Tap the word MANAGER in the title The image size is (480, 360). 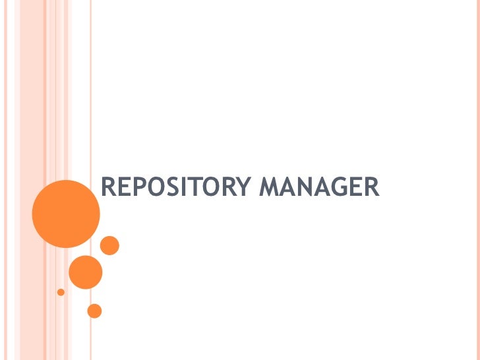click(319, 188)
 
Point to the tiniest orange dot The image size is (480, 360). click(61, 291)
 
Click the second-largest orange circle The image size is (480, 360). click(86, 272)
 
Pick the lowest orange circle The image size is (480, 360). click(94, 311)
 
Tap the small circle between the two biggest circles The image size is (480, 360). click(109, 245)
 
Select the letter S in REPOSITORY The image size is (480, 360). click(173, 188)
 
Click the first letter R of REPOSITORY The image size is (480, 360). click(107, 188)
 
